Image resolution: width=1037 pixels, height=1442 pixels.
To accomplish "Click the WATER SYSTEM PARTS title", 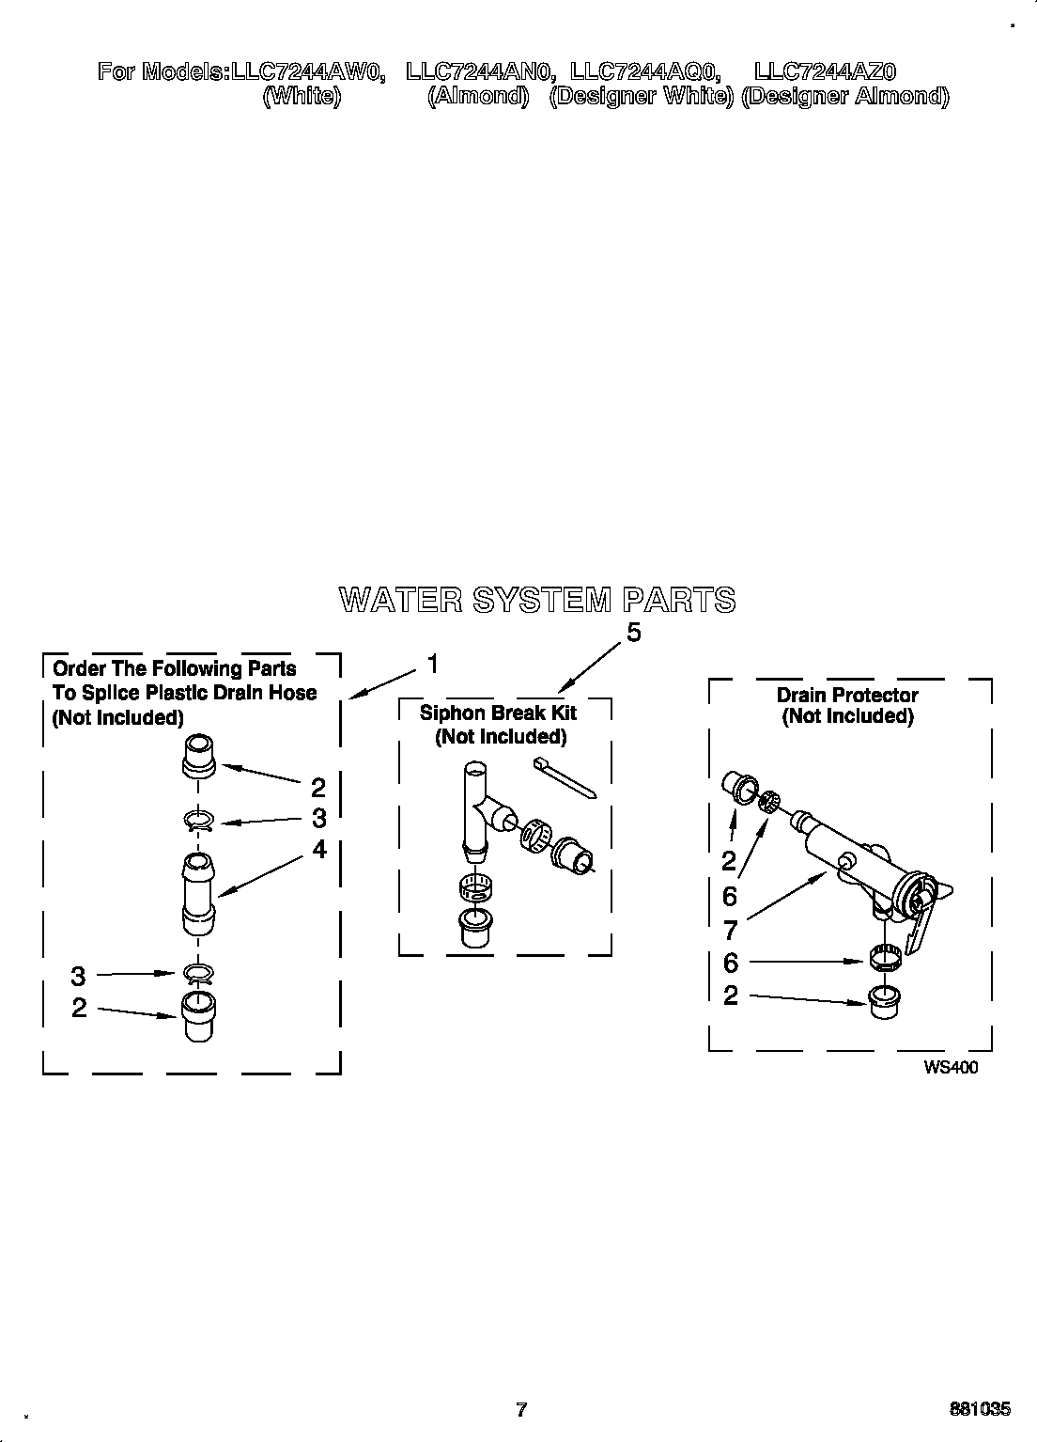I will [x=537, y=600].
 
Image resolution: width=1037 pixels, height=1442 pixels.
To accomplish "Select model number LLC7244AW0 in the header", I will [x=307, y=71].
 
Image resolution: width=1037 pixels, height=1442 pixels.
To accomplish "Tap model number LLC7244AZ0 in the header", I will [x=826, y=71].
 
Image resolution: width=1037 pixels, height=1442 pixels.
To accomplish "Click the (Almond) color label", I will [x=478, y=97].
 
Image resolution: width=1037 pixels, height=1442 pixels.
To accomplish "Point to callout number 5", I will [x=634, y=634].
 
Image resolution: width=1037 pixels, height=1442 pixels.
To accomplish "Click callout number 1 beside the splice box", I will [x=432, y=665].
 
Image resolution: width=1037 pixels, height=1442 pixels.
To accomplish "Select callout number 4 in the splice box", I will [x=319, y=849].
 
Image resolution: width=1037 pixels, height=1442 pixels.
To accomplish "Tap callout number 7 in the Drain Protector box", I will [x=730, y=930].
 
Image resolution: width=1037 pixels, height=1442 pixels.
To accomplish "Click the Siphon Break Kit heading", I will [x=498, y=713].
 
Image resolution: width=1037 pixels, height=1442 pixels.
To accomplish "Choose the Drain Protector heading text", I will [x=846, y=695].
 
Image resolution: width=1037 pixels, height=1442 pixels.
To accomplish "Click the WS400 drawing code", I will [x=951, y=1067].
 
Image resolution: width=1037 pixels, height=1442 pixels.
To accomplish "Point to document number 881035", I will [x=980, y=1409].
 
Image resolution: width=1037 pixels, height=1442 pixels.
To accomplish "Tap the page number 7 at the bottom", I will [x=521, y=1409].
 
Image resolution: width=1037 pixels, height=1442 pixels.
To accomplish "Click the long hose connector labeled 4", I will [x=198, y=893].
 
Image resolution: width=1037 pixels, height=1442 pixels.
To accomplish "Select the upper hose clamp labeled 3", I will [x=198, y=822].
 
